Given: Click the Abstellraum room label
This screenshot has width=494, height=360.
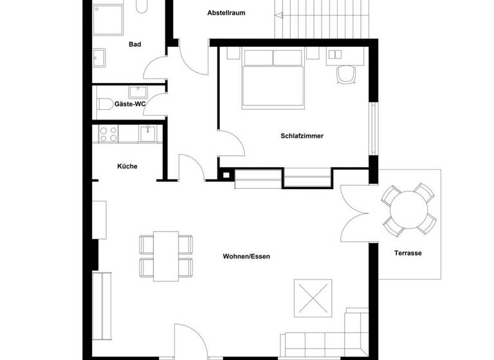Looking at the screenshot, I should [x=226, y=13].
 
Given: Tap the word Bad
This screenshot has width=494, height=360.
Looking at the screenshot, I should [x=134, y=44].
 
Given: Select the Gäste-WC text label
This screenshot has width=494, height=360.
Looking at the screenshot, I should [x=130, y=103].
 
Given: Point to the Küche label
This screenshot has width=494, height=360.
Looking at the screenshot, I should [x=127, y=166].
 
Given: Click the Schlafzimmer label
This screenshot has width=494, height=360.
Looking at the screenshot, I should [x=301, y=136].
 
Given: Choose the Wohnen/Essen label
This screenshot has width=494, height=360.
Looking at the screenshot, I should [x=246, y=256].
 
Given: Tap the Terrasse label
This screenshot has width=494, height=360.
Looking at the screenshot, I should [x=408, y=253].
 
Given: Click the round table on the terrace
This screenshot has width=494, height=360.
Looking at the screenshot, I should [x=410, y=209].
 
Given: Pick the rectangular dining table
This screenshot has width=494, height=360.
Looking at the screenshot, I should [x=167, y=255].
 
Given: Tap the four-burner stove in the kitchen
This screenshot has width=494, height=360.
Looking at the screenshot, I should [x=107, y=134].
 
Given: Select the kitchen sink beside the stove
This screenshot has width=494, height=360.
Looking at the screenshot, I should [x=147, y=133].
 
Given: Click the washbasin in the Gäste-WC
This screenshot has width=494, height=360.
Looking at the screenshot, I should [x=138, y=91].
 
